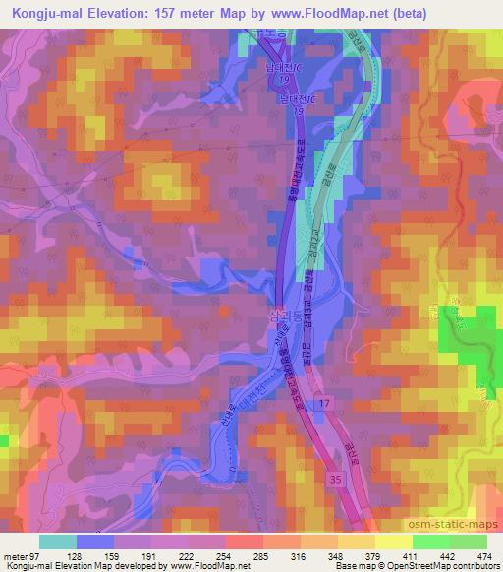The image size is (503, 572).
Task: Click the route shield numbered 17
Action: (x=324, y=403)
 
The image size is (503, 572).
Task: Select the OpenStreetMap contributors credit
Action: (x=447, y=567)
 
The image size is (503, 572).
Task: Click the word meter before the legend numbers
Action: (x=13, y=557)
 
